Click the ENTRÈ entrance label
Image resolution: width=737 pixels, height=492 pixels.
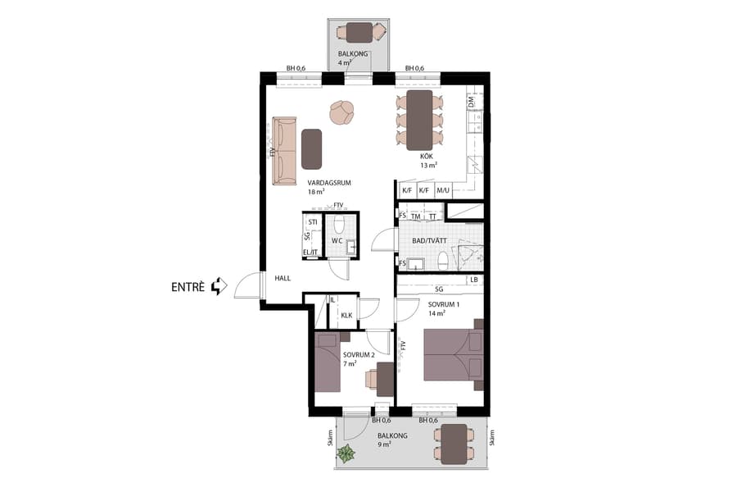pyautogui.click(x=188, y=287)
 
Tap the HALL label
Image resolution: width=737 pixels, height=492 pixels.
pyautogui.click(x=283, y=279)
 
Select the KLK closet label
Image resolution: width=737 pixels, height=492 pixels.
pyautogui.click(x=346, y=315)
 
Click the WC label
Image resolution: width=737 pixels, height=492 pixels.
pyautogui.click(x=337, y=241)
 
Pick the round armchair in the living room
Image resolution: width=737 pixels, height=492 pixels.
pyautogui.click(x=342, y=112)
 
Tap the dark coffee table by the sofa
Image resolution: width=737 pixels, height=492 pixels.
pyautogui.click(x=312, y=148)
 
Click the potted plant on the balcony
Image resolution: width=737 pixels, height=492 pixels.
pyautogui.click(x=347, y=453)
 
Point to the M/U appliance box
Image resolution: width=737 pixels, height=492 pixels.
pyautogui.click(x=443, y=191)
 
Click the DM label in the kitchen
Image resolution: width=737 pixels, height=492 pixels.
pyautogui.click(x=471, y=103)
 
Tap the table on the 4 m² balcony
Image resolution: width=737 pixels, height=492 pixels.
pyautogui.click(x=358, y=32)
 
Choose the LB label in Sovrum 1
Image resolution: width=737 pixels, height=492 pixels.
pyautogui.click(x=473, y=280)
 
